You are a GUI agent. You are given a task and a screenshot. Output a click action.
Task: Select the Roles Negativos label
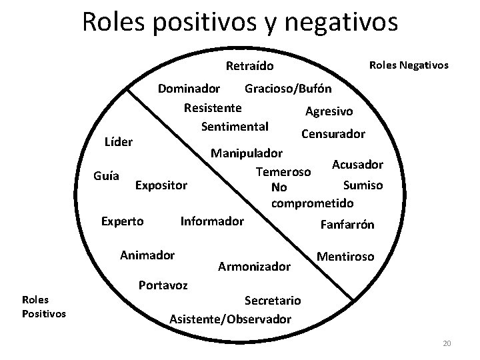click(x=409, y=65)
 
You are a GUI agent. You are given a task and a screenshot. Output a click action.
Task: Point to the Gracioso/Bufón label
click(x=288, y=89)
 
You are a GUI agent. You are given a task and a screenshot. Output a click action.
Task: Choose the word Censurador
click(x=333, y=133)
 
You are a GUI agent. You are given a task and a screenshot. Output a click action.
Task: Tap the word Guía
click(x=107, y=177)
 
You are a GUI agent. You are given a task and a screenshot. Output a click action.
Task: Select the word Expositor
click(x=161, y=184)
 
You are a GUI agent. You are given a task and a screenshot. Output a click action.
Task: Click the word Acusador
click(x=357, y=164)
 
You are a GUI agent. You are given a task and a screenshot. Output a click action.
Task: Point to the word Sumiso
click(x=363, y=185)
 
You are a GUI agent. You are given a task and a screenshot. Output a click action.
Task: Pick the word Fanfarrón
click(x=347, y=225)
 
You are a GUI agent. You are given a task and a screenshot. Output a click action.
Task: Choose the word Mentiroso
click(x=345, y=256)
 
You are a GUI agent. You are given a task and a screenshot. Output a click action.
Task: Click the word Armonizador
click(x=255, y=267)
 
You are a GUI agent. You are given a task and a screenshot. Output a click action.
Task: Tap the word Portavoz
click(x=163, y=285)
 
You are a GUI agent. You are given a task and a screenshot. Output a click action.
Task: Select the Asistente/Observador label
click(x=231, y=319)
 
